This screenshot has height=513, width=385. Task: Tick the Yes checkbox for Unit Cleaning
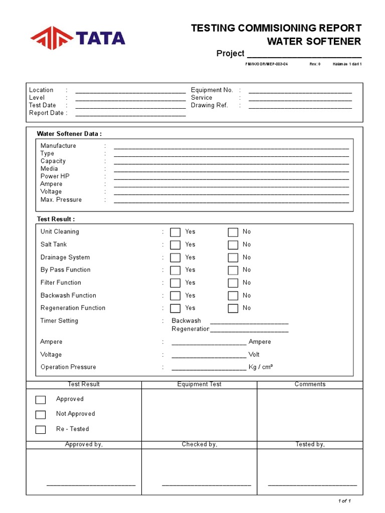click(x=175, y=232)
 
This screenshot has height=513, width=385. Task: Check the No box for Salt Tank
click(x=233, y=245)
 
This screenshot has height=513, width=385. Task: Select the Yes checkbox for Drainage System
click(x=175, y=258)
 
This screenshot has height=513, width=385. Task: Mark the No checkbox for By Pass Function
click(x=233, y=271)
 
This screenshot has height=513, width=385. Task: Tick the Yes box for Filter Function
click(x=175, y=283)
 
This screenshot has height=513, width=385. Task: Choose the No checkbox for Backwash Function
click(x=233, y=296)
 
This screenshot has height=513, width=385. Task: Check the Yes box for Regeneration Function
click(x=175, y=309)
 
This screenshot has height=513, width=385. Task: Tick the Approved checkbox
click(x=41, y=400)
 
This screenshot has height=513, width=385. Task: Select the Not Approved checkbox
click(x=41, y=414)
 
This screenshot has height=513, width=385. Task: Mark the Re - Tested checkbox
click(x=41, y=429)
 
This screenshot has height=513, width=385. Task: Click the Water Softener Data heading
click(x=69, y=134)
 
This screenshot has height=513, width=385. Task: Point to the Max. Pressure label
click(x=61, y=200)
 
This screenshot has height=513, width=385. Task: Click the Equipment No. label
click(x=212, y=90)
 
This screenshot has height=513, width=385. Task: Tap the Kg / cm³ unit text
click(x=261, y=367)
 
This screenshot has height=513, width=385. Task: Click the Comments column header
click(x=310, y=384)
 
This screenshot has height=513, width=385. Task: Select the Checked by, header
click(x=200, y=444)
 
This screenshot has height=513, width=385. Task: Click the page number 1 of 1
click(x=344, y=501)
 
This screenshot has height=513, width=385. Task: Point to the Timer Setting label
click(x=59, y=321)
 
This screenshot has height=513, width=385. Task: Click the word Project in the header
click(x=230, y=54)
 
